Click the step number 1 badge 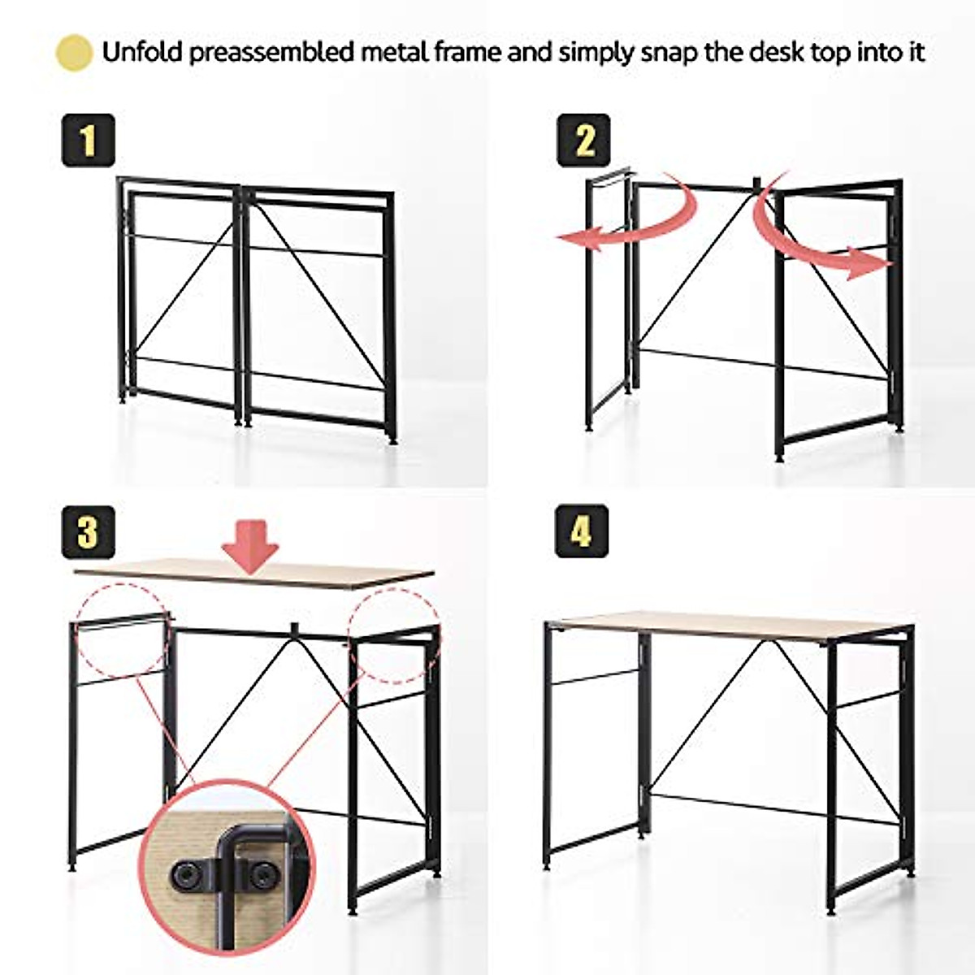coord(88,141)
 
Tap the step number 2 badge coord(583,141)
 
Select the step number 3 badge coord(88,532)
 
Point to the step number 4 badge coord(581,531)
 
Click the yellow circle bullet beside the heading coord(73,53)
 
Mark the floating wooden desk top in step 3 coord(253,574)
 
